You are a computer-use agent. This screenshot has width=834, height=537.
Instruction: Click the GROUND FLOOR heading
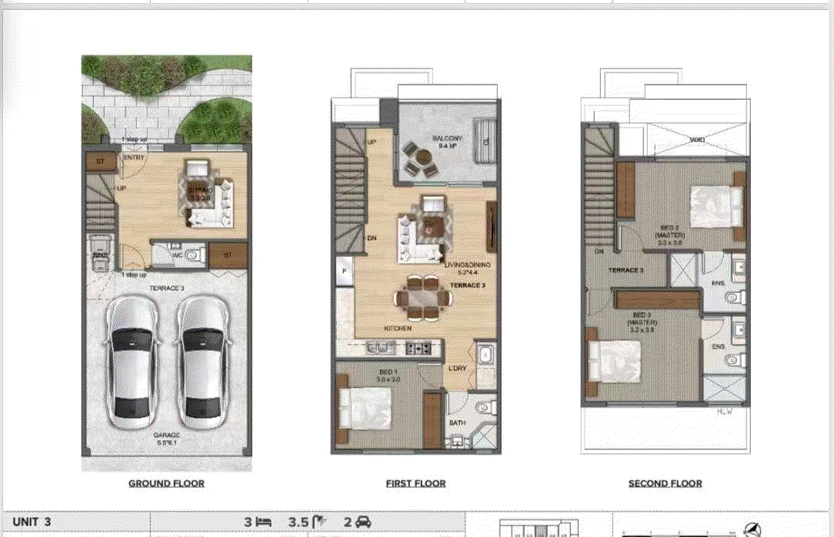click(x=166, y=483)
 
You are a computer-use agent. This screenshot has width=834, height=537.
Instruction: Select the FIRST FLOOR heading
click(x=415, y=483)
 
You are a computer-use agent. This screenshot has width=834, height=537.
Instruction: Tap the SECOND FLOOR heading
click(x=665, y=483)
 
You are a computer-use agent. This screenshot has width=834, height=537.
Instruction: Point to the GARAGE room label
click(x=166, y=435)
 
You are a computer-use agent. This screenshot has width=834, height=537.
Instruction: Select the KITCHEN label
click(x=398, y=329)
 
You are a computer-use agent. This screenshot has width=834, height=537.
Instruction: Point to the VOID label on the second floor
click(x=699, y=140)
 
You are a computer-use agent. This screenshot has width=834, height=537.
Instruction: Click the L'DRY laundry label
click(x=458, y=369)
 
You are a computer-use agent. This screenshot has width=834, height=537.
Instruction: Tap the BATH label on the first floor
click(x=457, y=423)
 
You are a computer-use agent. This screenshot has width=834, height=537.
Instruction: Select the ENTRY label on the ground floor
click(x=134, y=158)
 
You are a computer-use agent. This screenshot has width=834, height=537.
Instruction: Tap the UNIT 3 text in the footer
click(x=32, y=522)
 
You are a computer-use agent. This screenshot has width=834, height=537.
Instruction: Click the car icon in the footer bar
click(x=364, y=522)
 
